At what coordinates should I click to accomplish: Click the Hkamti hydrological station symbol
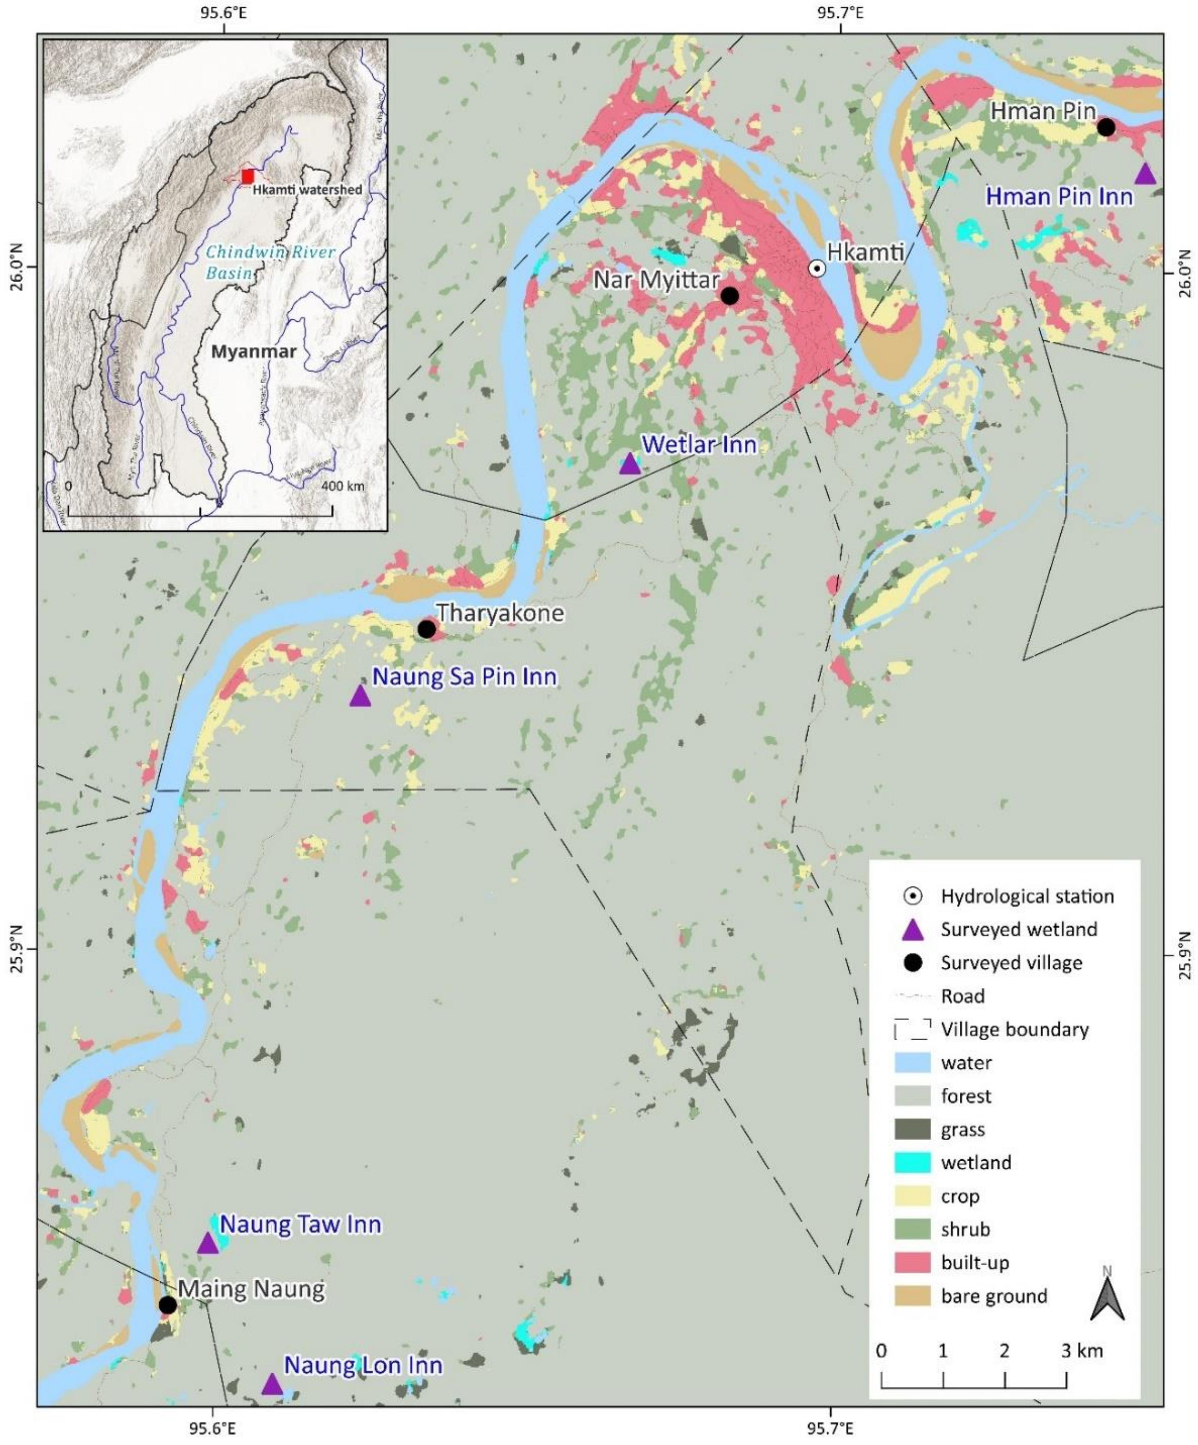pos(816,268)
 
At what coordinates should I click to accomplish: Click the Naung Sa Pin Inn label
pos(464,677)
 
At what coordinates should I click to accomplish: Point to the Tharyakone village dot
pos(426,629)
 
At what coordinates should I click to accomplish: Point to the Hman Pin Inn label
pos(1059,197)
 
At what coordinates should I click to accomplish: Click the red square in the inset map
pos(248,176)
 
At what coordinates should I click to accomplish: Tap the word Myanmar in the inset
pos(254,352)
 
